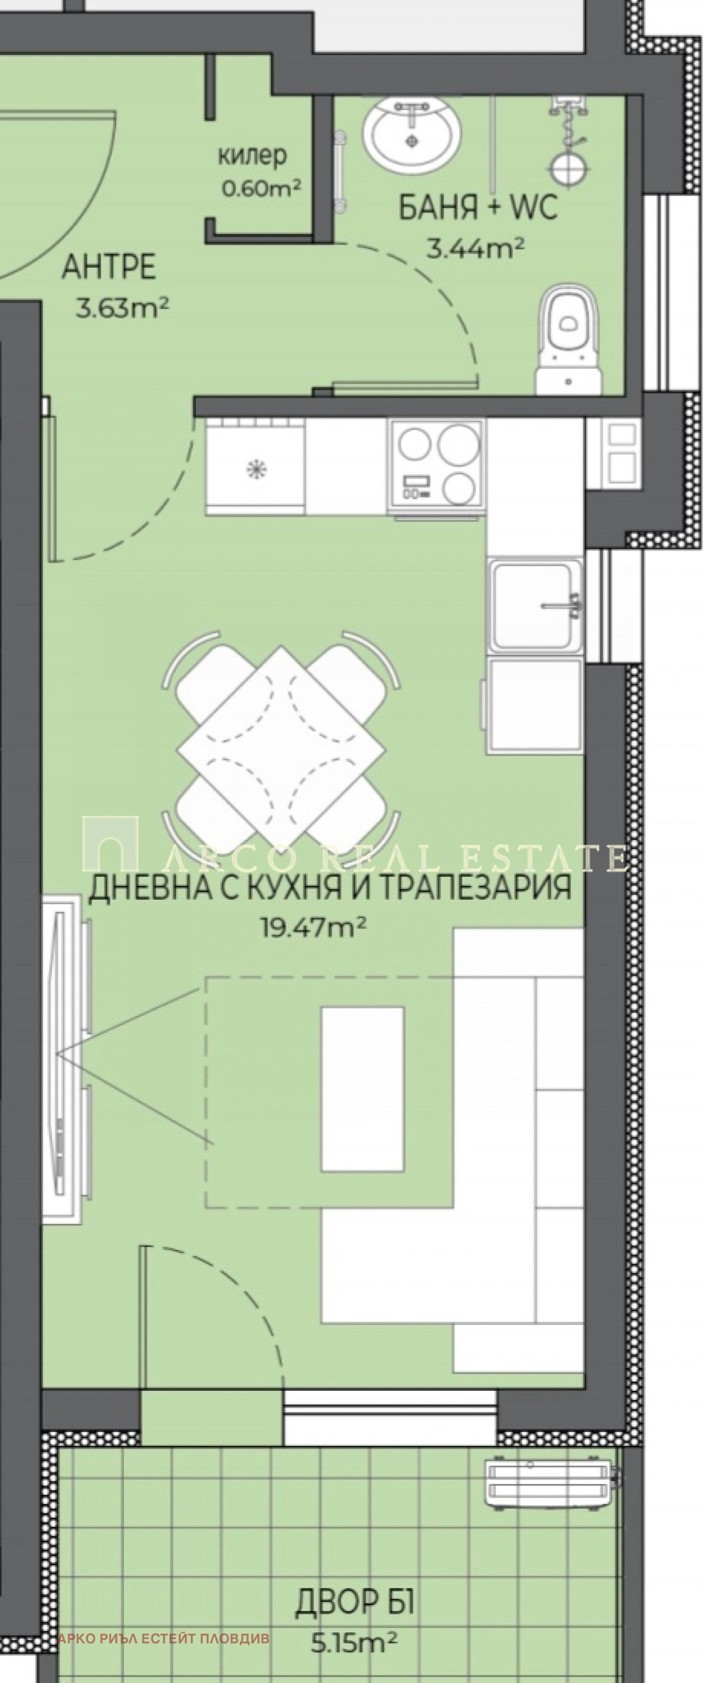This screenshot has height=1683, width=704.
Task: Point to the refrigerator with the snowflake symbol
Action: (x=255, y=466)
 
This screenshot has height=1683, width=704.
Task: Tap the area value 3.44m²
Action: (x=475, y=248)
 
